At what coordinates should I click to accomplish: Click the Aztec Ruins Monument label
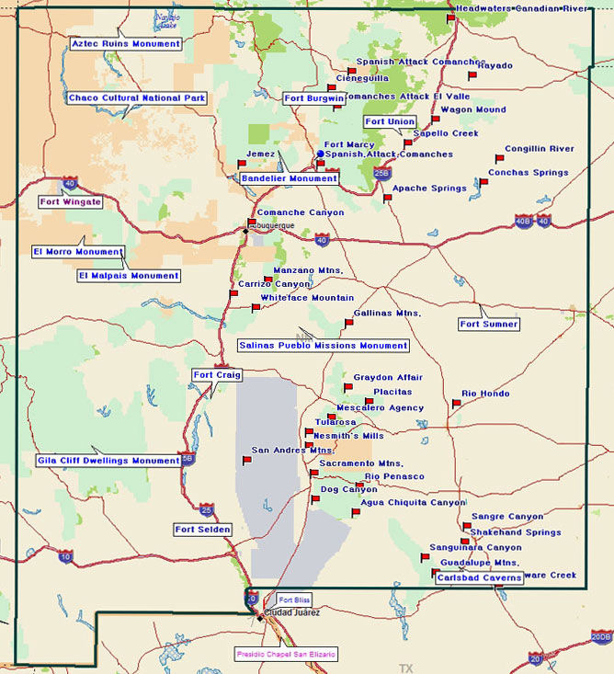point(125,44)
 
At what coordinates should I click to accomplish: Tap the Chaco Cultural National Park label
point(137,98)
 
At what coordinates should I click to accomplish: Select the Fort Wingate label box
point(71,201)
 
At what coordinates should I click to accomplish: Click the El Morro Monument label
point(78,252)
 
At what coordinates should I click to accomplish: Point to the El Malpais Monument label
point(129,275)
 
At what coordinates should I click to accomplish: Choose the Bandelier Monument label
point(290,178)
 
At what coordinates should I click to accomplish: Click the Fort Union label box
point(390,121)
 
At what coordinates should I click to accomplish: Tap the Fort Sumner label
point(489,325)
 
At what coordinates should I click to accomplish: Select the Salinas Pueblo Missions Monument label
point(323,346)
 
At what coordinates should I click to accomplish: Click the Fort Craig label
point(217,375)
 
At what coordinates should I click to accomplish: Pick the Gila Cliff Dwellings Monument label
point(108,461)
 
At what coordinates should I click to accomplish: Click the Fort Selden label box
point(203,530)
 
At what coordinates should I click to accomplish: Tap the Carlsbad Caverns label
point(479,578)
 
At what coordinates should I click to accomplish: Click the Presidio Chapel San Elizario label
point(287,654)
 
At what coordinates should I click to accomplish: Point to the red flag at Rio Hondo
point(456,404)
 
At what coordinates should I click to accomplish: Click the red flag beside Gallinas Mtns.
point(347,323)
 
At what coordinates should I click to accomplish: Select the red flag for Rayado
point(472,76)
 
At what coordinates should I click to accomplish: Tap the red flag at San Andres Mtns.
point(245,461)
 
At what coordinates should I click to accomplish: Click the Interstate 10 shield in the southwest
point(65,556)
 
